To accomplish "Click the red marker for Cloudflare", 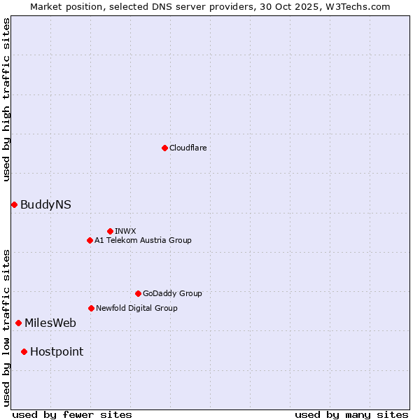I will [x=164, y=148].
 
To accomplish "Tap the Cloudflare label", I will [x=188, y=148].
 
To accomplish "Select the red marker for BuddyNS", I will [x=14, y=204].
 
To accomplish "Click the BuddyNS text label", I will [x=45, y=204].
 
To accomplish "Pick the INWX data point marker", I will [x=110, y=231].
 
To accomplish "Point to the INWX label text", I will [x=125, y=231].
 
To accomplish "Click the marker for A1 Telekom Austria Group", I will [x=90, y=240].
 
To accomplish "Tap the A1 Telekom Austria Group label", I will [x=143, y=240].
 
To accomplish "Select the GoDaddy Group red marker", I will [x=138, y=293].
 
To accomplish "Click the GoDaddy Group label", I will [x=172, y=293].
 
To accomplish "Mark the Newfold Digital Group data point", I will [x=91, y=308].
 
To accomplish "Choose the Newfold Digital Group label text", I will [x=136, y=308].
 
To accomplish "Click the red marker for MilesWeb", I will [x=18, y=323].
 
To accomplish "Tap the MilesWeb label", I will [x=50, y=323].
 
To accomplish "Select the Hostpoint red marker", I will [x=24, y=351].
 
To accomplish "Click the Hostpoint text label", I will [x=57, y=351].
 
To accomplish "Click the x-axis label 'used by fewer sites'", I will [x=72, y=414].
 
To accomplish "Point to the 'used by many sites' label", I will [x=351, y=414].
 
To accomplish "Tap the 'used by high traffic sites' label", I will [x=6, y=99].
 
